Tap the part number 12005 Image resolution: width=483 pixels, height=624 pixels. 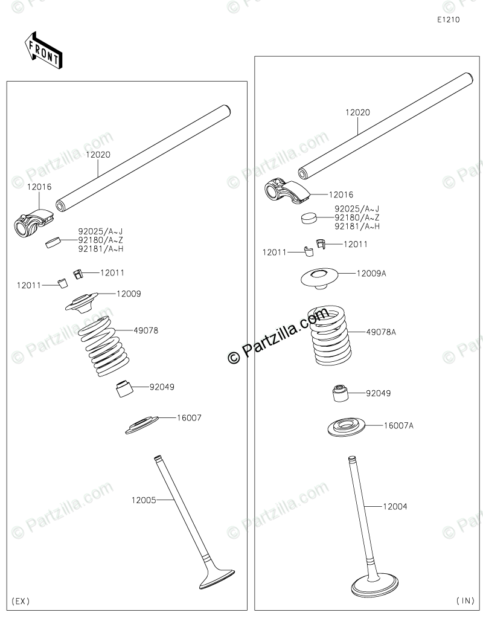pyautogui.click(x=144, y=500)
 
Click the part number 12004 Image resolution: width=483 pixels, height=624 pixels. pyautogui.click(x=395, y=506)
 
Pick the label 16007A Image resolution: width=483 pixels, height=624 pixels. pyautogui.click(x=398, y=425)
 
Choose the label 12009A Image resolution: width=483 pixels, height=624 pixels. pyautogui.click(x=371, y=273)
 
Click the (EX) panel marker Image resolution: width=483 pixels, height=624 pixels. pyautogui.click(x=21, y=600)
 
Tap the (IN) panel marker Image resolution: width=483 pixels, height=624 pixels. pyautogui.click(x=465, y=600)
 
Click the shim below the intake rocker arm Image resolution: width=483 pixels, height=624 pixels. pyautogui.click(x=309, y=217)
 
